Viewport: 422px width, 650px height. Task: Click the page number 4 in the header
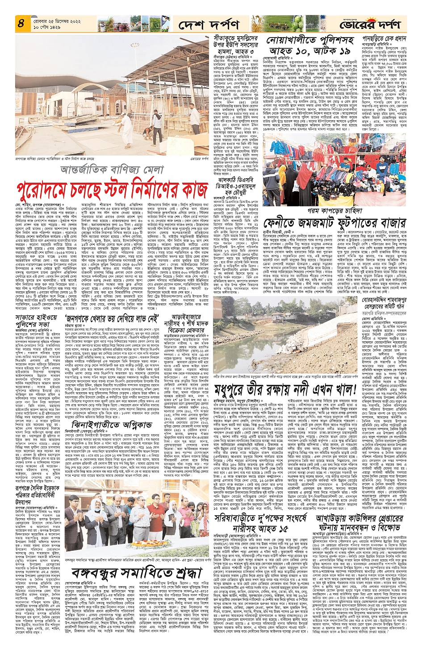pos(21,24)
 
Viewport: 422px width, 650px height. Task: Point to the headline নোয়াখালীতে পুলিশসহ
pos(309,41)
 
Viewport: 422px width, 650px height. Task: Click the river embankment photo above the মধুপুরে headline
pos(288,335)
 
